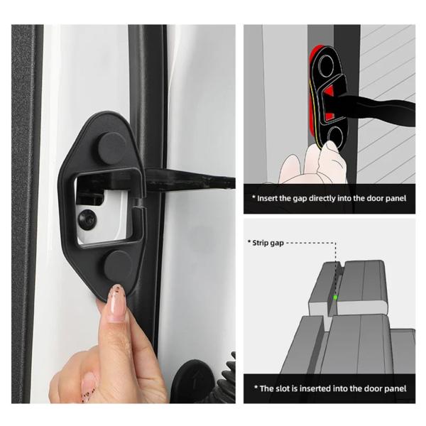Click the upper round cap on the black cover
point(112,148)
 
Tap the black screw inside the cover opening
point(87,219)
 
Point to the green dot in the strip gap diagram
point(335,297)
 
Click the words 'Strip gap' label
point(268,243)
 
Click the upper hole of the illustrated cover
point(325,65)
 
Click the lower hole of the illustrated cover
point(334,136)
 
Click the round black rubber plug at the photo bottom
point(192,381)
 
